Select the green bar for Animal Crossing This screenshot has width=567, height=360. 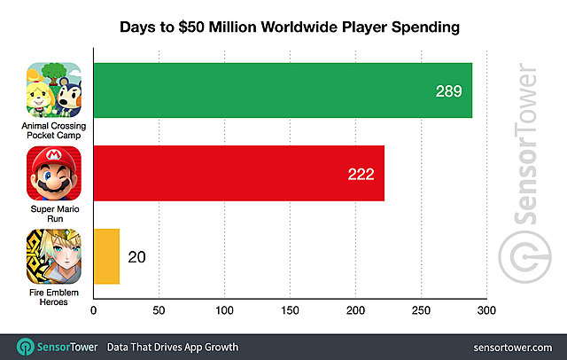[x=282, y=90]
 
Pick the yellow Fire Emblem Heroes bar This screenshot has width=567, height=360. [x=105, y=257]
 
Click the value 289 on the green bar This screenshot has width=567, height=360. [x=448, y=91]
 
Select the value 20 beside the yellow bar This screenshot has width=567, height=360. [x=136, y=258]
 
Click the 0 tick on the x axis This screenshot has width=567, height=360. [x=93, y=311]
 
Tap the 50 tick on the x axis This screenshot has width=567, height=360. [x=159, y=311]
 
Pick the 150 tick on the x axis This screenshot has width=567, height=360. [x=290, y=311]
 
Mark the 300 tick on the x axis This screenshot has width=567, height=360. [x=485, y=311]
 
